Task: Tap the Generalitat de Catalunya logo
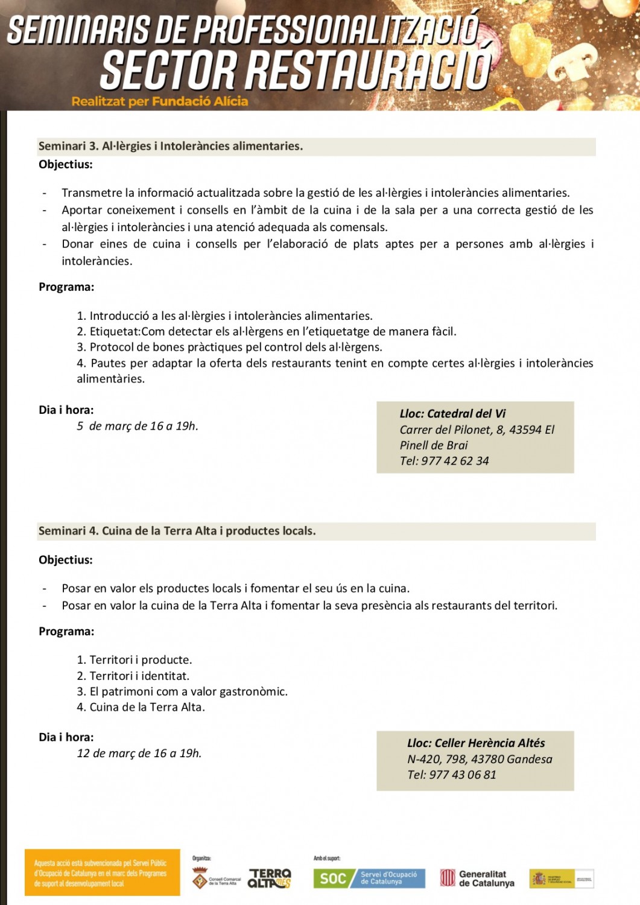pyautogui.click(x=477, y=878)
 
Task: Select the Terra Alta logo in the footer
pyautogui.click(x=270, y=878)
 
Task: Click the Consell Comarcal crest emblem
pyautogui.click(x=200, y=878)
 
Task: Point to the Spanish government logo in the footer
pyautogui.click(x=561, y=878)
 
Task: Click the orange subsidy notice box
pyautogui.click(x=102, y=872)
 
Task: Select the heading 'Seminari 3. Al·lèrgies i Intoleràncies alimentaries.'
pyautogui.click(x=171, y=146)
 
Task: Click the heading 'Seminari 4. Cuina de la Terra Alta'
pyautogui.click(x=177, y=531)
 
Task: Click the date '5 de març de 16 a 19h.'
pyautogui.click(x=138, y=426)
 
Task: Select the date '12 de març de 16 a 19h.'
pyautogui.click(x=139, y=753)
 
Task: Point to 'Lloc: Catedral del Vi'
pyautogui.click(x=452, y=413)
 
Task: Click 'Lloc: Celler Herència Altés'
pyautogui.click(x=476, y=743)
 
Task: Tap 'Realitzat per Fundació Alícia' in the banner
pyautogui.click(x=160, y=101)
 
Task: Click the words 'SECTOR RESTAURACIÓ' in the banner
pyautogui.click(x=296, y=70)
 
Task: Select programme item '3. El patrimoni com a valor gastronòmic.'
pyautogui.click(x=182, y=691)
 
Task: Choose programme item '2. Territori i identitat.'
pyautogui.click(x=133, y=676)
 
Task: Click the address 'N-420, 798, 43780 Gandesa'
pyautogui.click(x=480, y=759)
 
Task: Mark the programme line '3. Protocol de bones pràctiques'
pyautogui.click(x=229, y=347)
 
